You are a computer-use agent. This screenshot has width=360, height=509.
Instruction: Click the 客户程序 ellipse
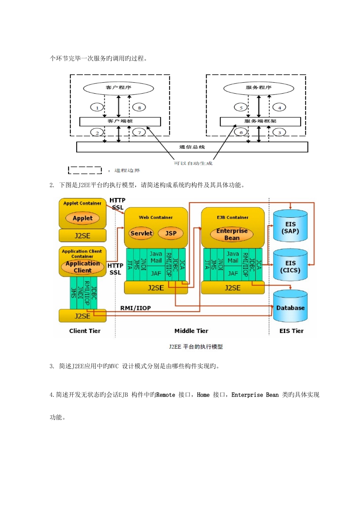click(x=119, y=88)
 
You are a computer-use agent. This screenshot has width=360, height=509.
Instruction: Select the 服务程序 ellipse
click(x=259, y=88)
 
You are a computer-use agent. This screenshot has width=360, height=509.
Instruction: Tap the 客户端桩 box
click(x=120, y=121)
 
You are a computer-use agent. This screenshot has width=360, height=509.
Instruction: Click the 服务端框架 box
click(x=260, y=121)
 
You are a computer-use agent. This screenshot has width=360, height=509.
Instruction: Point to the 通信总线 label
click(x=192, y=147)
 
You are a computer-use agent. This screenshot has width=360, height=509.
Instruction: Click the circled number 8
click(x=139, y=108)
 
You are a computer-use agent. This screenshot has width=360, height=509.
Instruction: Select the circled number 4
click(x=279, y=108)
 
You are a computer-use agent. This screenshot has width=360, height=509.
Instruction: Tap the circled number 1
click(x=97, y=108)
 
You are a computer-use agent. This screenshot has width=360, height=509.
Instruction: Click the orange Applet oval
click(x=83, y=218)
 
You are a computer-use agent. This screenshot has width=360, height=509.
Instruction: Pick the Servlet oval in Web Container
click(x=141, y=233)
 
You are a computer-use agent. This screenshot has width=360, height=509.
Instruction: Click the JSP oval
click(x=171, y=233)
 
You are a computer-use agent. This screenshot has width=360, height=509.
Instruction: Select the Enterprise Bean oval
click(x=232, y=234)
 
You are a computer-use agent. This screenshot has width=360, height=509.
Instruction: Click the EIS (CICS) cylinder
click(x=290, y=266)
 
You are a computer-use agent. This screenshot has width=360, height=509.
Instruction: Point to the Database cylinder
click(x=290, y=307)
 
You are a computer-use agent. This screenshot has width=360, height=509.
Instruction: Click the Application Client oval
click(x=83, y=267)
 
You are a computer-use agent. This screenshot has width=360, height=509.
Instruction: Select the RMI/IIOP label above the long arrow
click(x=135, y=308)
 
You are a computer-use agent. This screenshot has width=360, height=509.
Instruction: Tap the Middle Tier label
click(x=191, y=331)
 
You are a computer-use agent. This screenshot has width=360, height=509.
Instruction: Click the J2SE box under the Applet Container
click(x=82, y=236)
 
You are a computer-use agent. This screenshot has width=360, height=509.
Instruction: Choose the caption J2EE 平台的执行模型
click(x=196, y=347)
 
